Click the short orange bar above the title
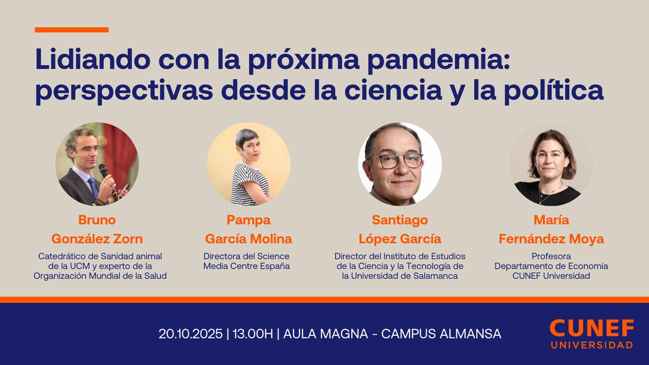71,30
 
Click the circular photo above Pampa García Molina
248,164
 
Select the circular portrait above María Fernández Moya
551,164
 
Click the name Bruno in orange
97,220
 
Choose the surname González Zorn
97,238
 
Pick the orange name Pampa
248,220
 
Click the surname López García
400,238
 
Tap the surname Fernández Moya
551,238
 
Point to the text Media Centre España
247,266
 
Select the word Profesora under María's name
551,256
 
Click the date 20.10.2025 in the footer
190,334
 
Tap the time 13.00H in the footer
253,334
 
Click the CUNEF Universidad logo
591,333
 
